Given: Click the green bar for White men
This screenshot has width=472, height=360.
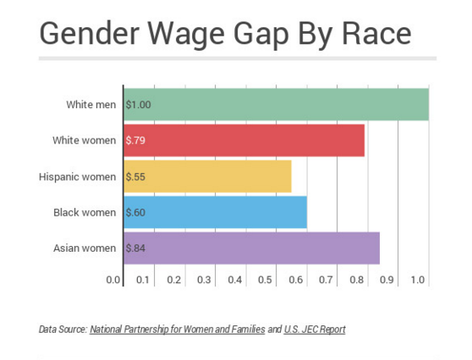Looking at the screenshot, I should [277, 104].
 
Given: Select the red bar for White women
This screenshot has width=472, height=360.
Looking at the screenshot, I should [244, 140].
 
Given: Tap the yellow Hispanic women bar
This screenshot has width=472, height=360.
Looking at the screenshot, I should [208, 176].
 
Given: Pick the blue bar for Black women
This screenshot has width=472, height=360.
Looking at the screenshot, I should [216, 212].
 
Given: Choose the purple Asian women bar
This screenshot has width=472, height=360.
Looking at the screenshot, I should [252, 248].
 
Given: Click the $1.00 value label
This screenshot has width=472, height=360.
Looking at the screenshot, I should [137, 104].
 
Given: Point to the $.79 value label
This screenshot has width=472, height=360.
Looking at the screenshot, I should [135, 140].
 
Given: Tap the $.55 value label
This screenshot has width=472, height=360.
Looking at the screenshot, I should [135, 176].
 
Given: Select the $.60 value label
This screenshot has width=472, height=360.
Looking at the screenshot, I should [135, 212].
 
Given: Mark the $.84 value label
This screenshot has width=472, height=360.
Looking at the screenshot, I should [135, 248].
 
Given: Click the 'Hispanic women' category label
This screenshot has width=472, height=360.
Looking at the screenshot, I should [77, 176].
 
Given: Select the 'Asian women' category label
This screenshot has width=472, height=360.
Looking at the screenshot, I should [85, 248].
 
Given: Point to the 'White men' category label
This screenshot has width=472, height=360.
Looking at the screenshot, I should [91, 104].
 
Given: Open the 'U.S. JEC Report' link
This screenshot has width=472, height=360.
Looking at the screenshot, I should [315, 329].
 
